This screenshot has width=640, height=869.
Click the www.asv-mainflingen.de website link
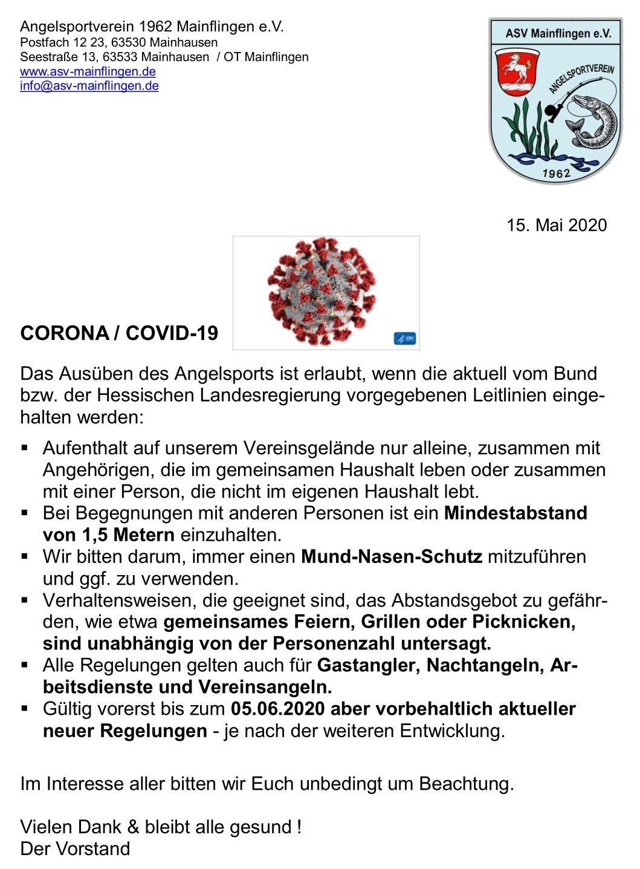[x=88, y=72]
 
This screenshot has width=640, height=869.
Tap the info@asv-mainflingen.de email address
[x=89, y=86]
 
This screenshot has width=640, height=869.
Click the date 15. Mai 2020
[x=556, y=226]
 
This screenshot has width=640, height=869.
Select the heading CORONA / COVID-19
[x=119, y=333]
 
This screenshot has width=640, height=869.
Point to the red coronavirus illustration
[x=321, y=291]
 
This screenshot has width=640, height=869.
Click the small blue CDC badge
[x=404, y=339]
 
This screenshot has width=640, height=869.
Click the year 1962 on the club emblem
[x=556, y=174]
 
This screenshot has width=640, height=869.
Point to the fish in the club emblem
[x=592, y=121]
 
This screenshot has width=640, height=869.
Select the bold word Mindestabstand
[x=516, y=513]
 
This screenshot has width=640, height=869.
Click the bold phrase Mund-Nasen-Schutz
[x=392, y=557]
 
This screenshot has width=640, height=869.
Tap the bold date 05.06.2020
[x=278, y=709]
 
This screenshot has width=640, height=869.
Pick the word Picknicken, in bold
[x=524, y=622]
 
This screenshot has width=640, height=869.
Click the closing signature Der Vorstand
[x=75, y=849]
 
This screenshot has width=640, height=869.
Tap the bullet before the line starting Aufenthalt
[x=25, y=448]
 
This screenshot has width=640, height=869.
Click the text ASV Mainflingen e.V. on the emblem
[x=558, y=34]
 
